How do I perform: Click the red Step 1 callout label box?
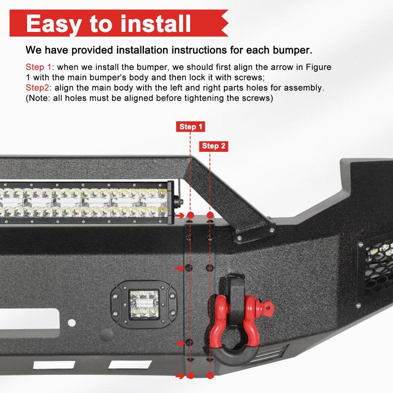coord(191,127)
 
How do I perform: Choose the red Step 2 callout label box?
coord(214,146)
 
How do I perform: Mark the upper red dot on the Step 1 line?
coord(191,216)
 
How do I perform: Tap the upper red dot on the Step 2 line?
coord(211,216)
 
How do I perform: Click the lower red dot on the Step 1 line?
coord(191,376)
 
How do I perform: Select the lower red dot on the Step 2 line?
coord(211,376)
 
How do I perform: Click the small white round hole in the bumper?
coord(72,323)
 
